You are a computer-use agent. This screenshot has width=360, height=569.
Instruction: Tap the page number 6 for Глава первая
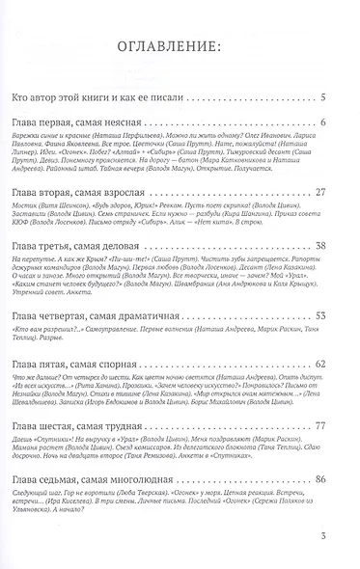325,123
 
